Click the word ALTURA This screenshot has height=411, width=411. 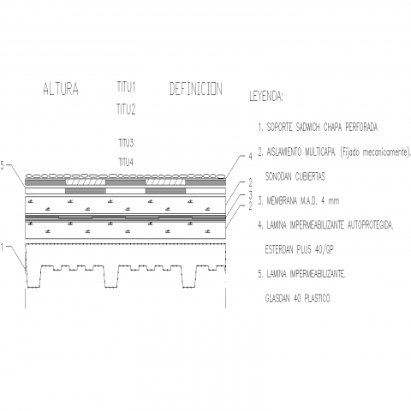tap(61, 89)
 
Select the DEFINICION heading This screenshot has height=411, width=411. tap(196, 89)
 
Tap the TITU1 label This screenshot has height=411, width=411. tap(126, 86)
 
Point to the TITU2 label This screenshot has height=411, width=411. tap(126, 110)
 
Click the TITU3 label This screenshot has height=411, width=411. tap(126, 143)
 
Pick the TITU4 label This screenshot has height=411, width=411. tap(126, 163)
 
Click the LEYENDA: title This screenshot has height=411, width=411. tap(266, 97)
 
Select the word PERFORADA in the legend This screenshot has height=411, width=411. tap(361, 128)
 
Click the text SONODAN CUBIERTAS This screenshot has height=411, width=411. tap(295, 176)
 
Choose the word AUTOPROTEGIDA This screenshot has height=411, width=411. tap(371, 225)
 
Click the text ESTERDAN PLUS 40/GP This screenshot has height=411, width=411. tap(300, 250)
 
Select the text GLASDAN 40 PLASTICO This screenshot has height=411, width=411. tap(297, 299)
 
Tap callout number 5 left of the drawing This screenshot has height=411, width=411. tap(3, 165)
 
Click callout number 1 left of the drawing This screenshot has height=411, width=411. tap(3, 247)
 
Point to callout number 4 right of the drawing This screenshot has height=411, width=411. tap(250, 157)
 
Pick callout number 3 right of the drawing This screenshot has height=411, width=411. tap(250, 195)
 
